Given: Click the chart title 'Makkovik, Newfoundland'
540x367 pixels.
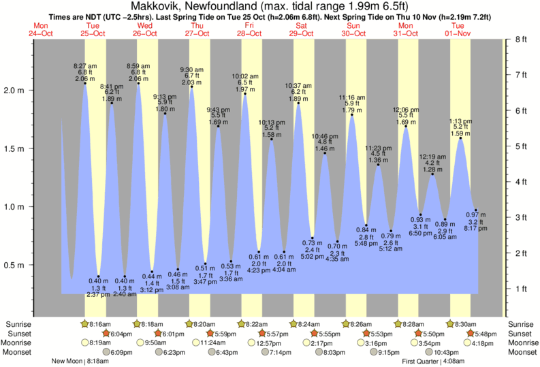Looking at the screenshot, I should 197,5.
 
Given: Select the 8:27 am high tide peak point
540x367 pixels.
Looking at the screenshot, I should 85,82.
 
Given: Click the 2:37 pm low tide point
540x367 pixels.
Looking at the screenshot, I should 99,276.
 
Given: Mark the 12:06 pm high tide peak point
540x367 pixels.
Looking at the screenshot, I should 406,126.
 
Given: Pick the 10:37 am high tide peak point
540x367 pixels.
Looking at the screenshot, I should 298,103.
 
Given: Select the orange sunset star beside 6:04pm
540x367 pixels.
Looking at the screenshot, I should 106,334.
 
